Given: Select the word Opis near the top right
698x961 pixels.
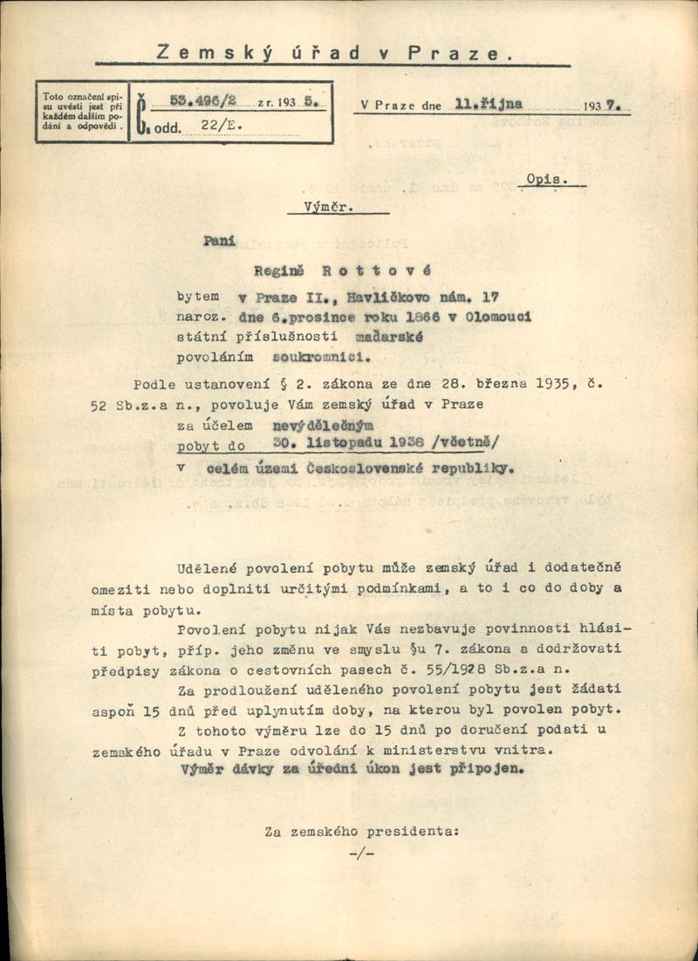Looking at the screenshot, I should [x=548, y=179].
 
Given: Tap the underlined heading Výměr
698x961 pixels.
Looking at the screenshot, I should [x=322, y=208].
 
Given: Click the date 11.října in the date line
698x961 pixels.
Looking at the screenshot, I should [x=489, y=104].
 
